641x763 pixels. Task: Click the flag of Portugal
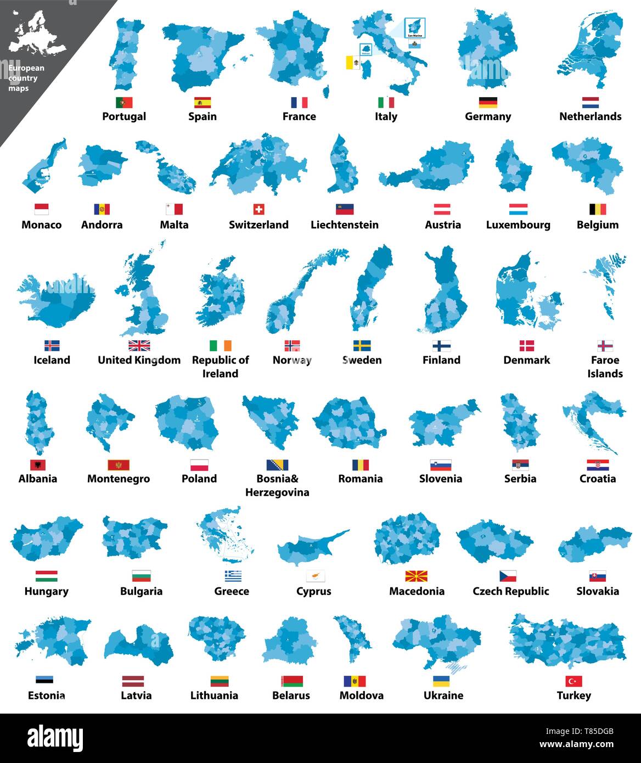(124, 103)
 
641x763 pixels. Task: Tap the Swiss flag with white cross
(258, 209)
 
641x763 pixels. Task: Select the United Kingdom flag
(139, 345)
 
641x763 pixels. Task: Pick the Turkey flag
(573, 681)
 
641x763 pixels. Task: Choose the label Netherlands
(590, 116)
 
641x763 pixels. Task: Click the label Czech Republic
(510, 591)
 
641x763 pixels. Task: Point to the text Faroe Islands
(605, 367)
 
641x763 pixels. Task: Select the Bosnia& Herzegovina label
(277, 485)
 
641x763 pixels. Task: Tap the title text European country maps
(26, 78)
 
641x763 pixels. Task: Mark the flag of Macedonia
(416, 576)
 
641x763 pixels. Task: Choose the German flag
(488, 103)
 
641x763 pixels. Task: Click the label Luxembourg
(518, 225)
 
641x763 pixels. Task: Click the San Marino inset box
(414, 27)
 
